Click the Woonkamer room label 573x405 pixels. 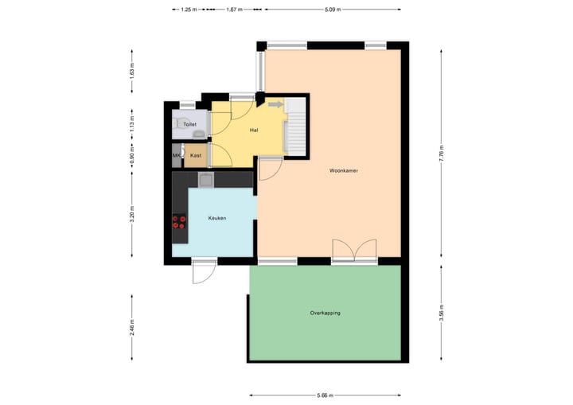click(x=345, y=170)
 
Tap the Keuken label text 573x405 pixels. click(x=218, y=217)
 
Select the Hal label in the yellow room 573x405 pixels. click(x=254, y=130)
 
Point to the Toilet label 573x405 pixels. click(x=189, y=125)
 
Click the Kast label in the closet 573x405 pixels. click(x=195, y=155)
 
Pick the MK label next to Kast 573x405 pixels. click(x=177, y=155)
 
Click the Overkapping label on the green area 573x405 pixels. click(x=325, y=313)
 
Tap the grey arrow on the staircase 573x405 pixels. click(x=275, y=103)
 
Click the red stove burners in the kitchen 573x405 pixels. click(x=179, y=222)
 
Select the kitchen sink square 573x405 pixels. click(x=205, y=181)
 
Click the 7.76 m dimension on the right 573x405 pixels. click(x=441, y=152)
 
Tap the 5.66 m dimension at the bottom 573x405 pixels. click(x=325, y=395)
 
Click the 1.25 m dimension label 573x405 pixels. click(x=188, y=10)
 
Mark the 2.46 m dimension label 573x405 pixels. click(x=132, y=326)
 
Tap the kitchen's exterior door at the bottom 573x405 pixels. click(x=204, y=271)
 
